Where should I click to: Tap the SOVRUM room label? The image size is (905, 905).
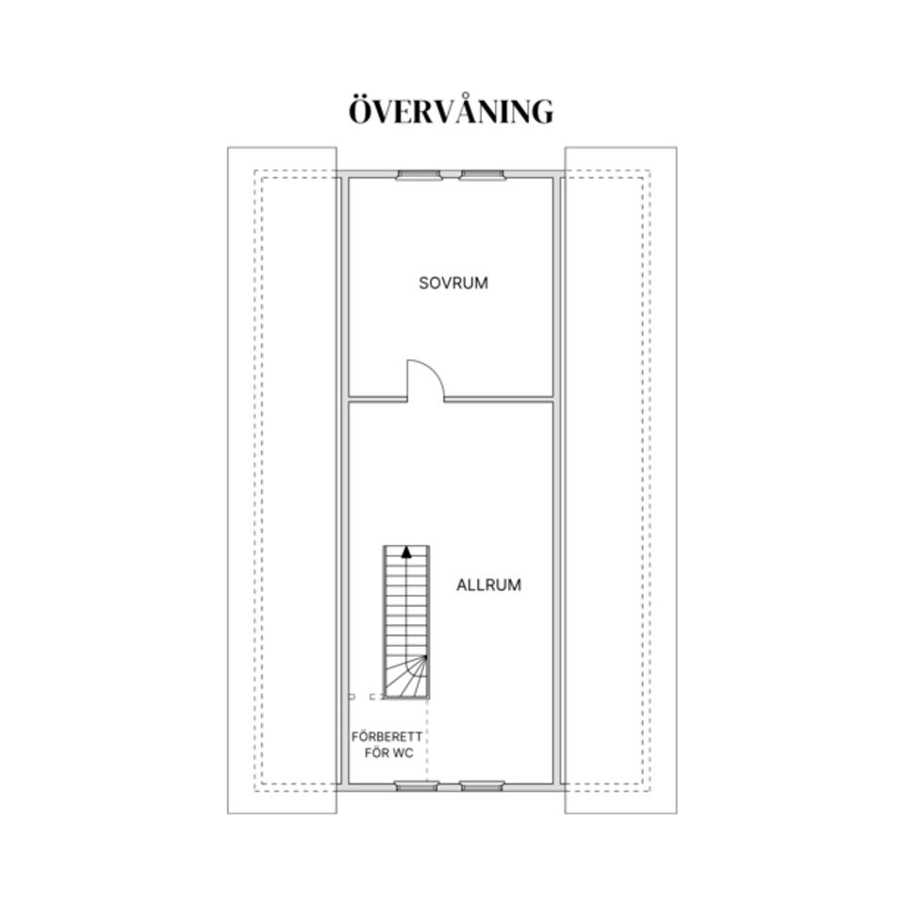click(453, 283)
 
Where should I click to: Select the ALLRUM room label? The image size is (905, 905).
click(489, 585)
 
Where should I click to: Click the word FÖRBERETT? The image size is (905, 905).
click(387, 737)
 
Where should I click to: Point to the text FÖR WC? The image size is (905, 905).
click(389, 753)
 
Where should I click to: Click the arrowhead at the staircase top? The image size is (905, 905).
click(406, 551)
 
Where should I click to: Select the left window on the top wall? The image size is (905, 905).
click(419, 175)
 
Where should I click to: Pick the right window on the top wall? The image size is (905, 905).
click(482, 175)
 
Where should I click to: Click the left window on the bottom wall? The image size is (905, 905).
click(417, 785)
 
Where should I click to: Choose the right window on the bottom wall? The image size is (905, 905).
click(482, 785)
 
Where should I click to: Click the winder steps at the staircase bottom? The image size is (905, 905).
click(406, 677)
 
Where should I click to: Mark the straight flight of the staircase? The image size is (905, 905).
click(406, 601)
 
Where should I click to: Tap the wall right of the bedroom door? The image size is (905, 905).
click(499, 399)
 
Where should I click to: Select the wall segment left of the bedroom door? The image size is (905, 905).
click(378, 399)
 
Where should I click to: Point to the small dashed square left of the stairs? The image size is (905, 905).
click(352, 698)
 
